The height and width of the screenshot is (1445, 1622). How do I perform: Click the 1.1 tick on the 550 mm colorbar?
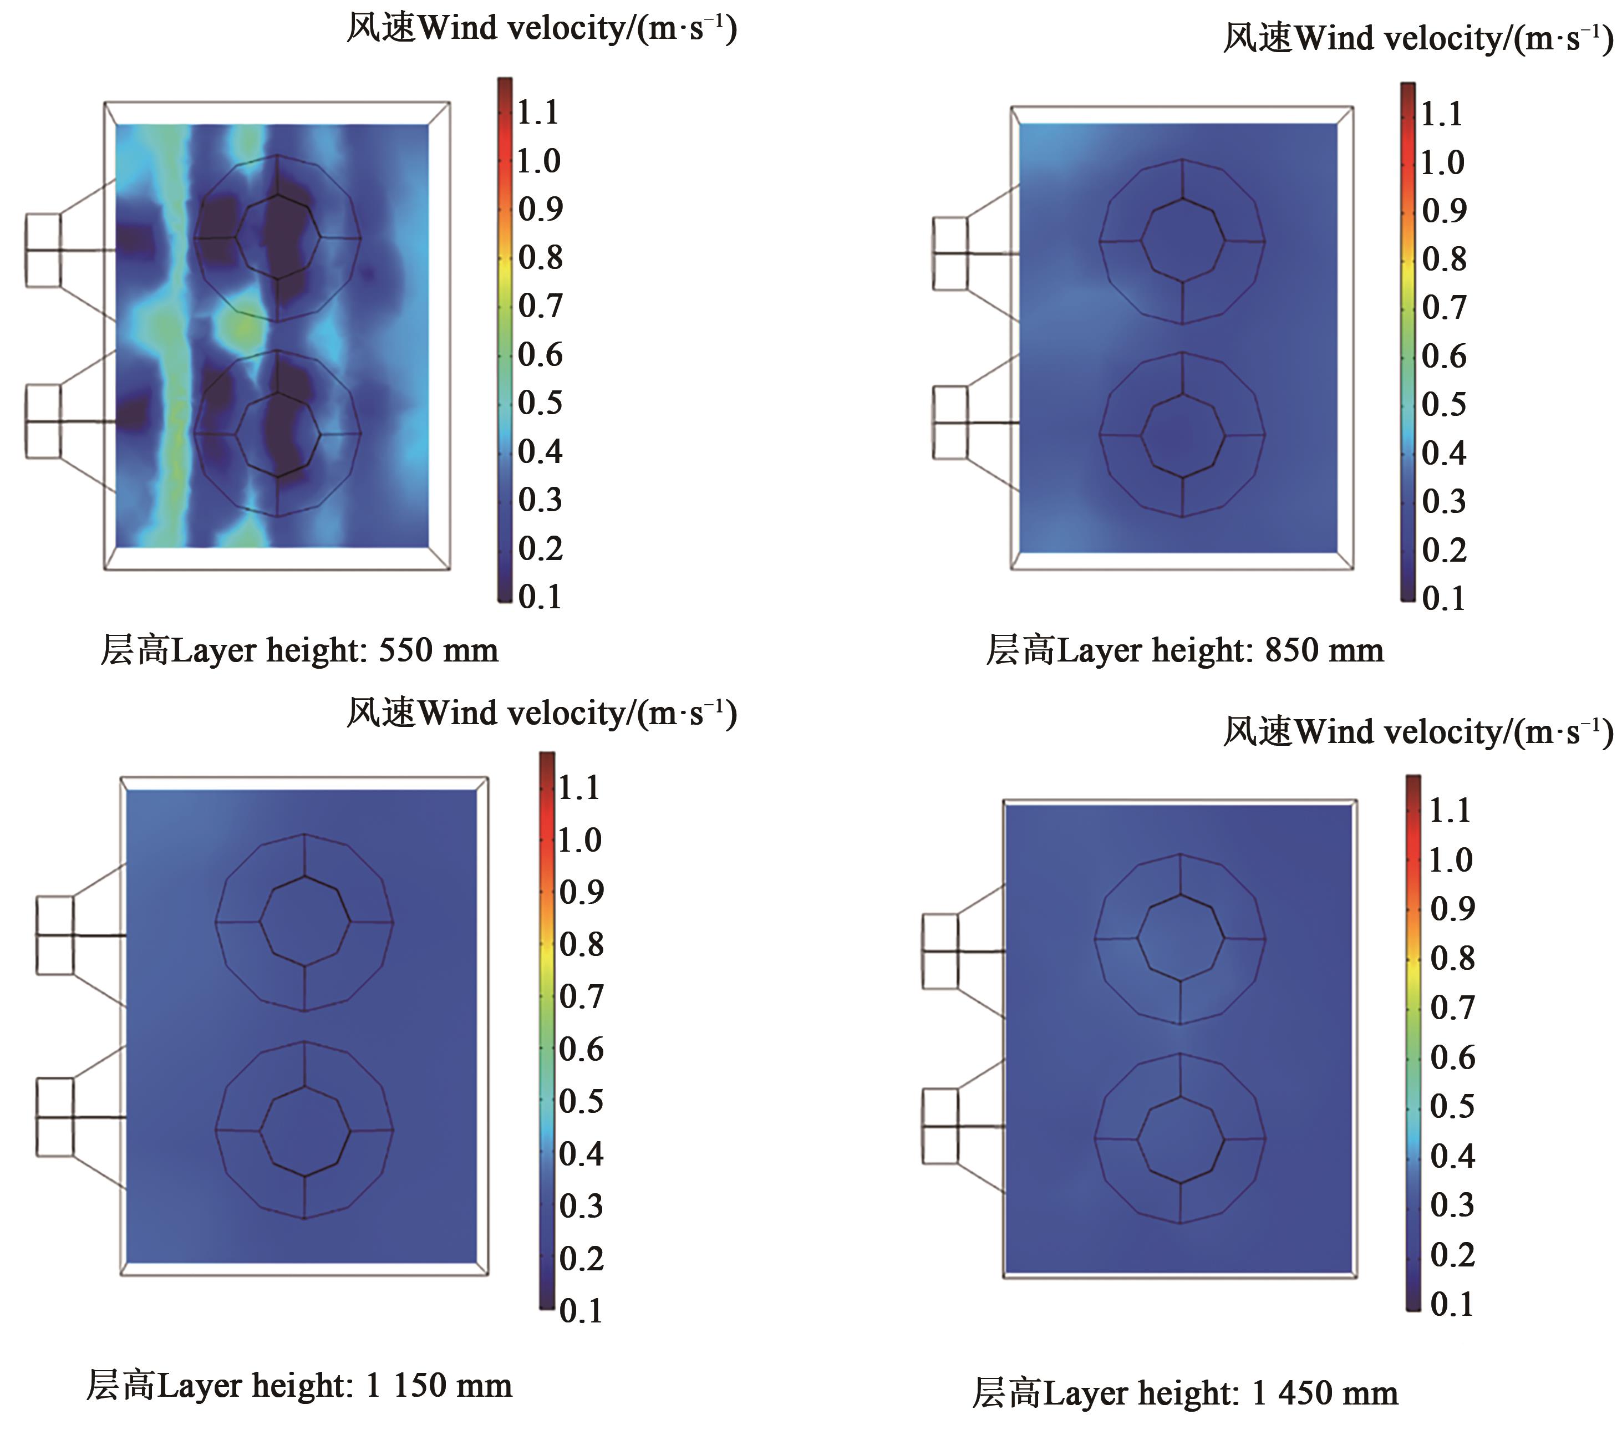538,113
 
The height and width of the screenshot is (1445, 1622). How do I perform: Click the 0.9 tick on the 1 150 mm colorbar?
581,892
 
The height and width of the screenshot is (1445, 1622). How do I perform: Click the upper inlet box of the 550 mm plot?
43,250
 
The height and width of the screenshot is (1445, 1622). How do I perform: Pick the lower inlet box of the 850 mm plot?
950,423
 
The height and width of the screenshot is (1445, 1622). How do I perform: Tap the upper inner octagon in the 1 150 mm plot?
305,922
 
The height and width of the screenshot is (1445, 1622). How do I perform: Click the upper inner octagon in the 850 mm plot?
1183,240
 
